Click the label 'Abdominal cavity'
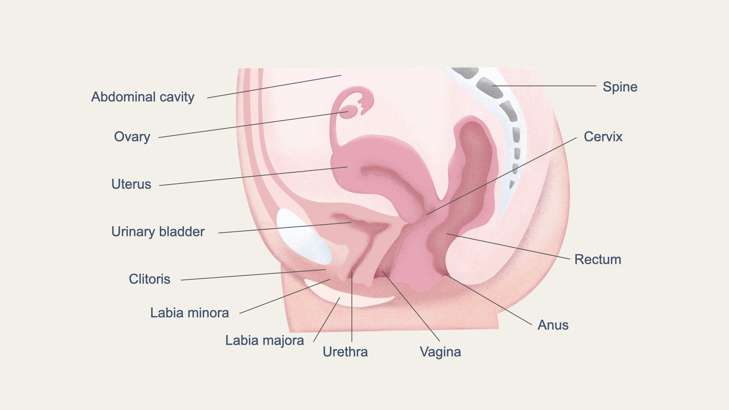(143, 97)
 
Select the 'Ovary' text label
(132, 137)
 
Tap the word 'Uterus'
(131, 184)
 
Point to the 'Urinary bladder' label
(158, 232)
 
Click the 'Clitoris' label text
(149, 279)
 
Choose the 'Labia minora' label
(190, 313)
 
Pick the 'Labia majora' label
(265, 341)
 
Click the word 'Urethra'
(345, 352)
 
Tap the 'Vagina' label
(440, 352)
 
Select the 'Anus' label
(553, 325)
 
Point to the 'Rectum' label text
(597, 260)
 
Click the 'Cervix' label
(603, 137)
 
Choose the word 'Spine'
(620, 87)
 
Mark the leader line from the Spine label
(544, 86)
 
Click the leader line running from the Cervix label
(501, 176)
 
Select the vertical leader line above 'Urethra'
(352, 306)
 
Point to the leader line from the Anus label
(488, 300)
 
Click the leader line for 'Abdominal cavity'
(274, 87)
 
